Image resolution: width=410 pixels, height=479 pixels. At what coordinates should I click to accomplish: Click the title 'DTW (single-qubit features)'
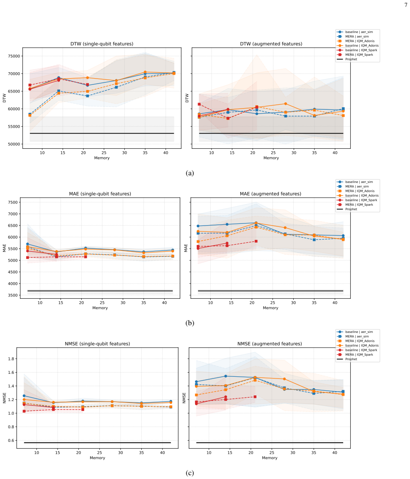[x=102, y=44]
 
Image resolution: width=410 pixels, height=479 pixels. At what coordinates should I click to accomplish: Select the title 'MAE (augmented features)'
[x=270, y=194]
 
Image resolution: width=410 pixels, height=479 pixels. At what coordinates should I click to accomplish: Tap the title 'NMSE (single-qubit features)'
[x=97, y=344]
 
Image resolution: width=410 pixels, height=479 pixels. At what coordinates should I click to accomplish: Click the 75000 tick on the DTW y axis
[x=14, y=56]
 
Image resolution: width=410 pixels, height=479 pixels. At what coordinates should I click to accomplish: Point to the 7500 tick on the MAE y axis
[x=13, y=202]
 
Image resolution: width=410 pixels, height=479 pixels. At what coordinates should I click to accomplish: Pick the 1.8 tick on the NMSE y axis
[x=11, y=359]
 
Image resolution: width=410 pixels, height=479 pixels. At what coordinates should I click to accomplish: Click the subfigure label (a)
[x=190, y=173]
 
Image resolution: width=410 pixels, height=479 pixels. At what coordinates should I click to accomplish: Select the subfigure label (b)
[x=190, y=323]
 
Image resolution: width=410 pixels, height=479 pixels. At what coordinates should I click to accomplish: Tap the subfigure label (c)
[x=190, y=473]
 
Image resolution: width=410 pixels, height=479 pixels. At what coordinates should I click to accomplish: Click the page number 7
[x=406, y=5]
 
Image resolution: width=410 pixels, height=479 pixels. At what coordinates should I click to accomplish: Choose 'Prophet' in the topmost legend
[x=351, y=59]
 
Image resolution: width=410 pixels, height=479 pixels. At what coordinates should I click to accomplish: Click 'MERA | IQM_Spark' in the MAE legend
[x=359, y=205]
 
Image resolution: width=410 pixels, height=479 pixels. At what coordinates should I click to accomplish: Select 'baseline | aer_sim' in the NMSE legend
[x=359, y=332]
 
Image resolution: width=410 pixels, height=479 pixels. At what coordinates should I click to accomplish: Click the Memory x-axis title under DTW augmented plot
[x=271, y=158]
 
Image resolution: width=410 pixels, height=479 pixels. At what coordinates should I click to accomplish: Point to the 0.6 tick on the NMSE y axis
[x=11, y=441]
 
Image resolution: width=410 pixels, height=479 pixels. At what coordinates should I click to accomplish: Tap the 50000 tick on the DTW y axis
[x=14, y=144]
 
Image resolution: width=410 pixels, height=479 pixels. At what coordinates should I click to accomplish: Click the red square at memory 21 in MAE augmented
[x=256, y=241]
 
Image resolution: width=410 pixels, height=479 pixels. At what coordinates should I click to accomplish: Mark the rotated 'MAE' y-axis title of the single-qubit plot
[x=4, y=248]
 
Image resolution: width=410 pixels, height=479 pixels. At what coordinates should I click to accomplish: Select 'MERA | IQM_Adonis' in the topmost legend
[x=360, y=41]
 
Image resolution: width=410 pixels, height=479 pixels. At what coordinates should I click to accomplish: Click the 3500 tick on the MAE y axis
[x=13, y=295]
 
